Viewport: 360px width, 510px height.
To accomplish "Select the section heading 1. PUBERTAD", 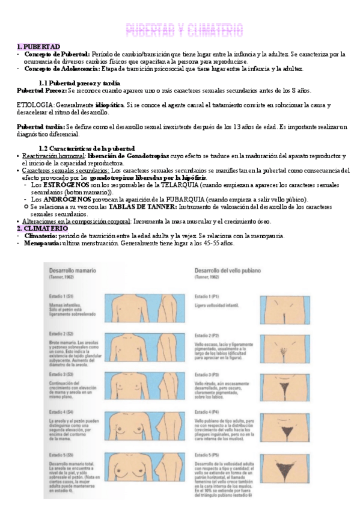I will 38,46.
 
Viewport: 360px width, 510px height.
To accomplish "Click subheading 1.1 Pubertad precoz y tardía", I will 79,82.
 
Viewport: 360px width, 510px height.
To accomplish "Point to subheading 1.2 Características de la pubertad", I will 87,149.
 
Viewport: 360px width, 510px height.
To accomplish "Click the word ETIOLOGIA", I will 35,105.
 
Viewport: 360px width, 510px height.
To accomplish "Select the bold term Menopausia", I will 41,243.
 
